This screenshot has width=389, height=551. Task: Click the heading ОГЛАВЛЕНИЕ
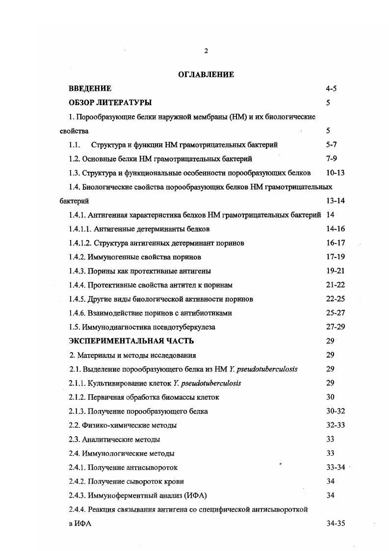tap(206, 75)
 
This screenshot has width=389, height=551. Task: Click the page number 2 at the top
tap(206, 51)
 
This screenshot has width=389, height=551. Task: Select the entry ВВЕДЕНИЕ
tap(90, 88)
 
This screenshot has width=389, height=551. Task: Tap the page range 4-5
tap(331, 88)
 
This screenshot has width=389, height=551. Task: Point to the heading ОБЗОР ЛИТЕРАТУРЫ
tap(110, 103)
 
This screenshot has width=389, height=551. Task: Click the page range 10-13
tap(336, 173)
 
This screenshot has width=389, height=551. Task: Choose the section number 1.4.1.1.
tap(79, 229)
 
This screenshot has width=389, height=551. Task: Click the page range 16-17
tap(336, 243)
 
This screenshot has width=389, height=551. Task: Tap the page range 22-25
tap(336, 299)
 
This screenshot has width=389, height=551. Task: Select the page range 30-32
tap(336, 411)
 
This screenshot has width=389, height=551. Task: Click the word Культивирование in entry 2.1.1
tap(112, 383)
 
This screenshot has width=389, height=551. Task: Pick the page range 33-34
tap(336, 468)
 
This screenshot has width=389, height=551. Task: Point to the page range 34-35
tap(336, 523)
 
